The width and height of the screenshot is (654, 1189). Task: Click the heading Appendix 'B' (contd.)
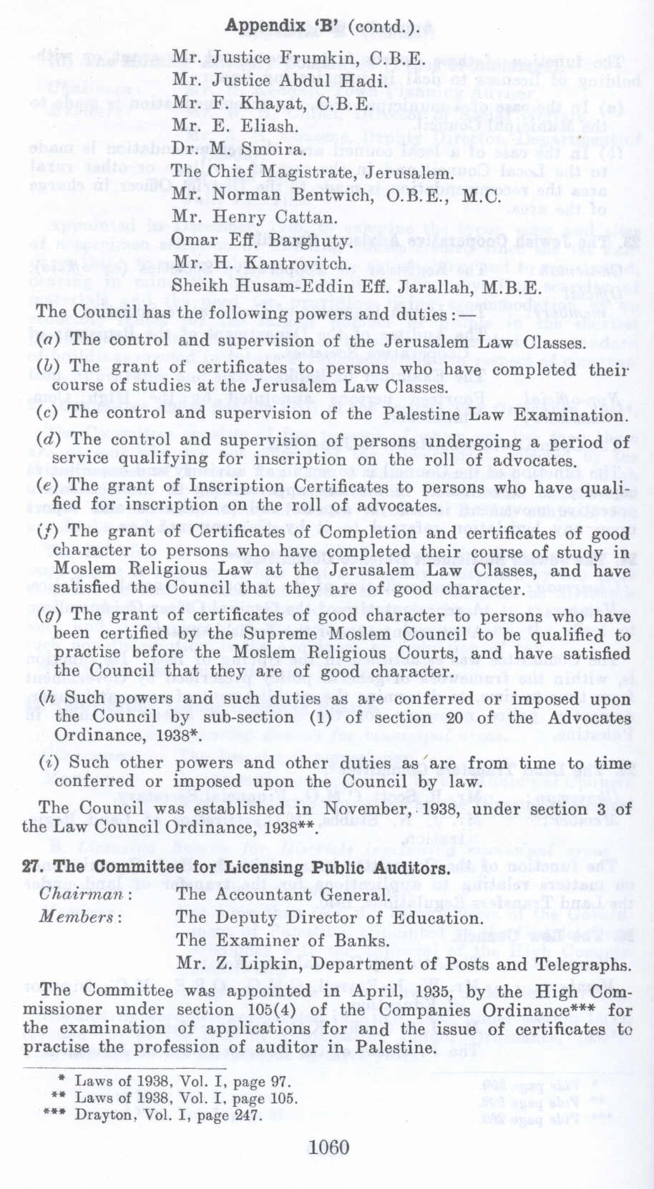click(x=323, y=26)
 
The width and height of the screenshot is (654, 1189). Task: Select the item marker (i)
click(x=49, y=762)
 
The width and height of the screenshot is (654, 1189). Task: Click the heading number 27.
click(x=33, y=868)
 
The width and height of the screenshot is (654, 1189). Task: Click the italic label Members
click(x=80, y=918)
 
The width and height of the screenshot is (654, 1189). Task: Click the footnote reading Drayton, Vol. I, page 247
click(x=169, y=1115)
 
